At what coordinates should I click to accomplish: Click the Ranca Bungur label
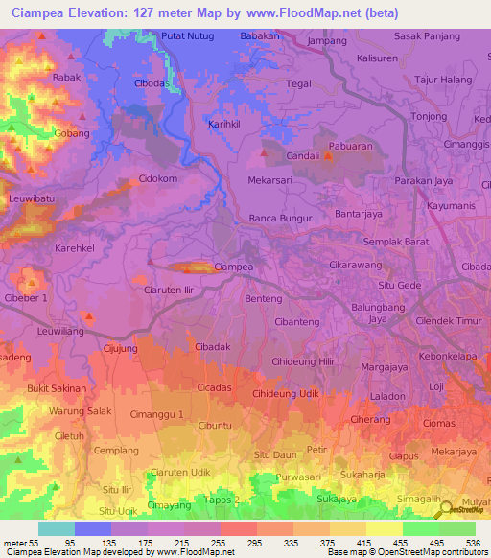coord(281,218)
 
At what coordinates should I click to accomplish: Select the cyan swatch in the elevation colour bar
coord(57,528)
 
